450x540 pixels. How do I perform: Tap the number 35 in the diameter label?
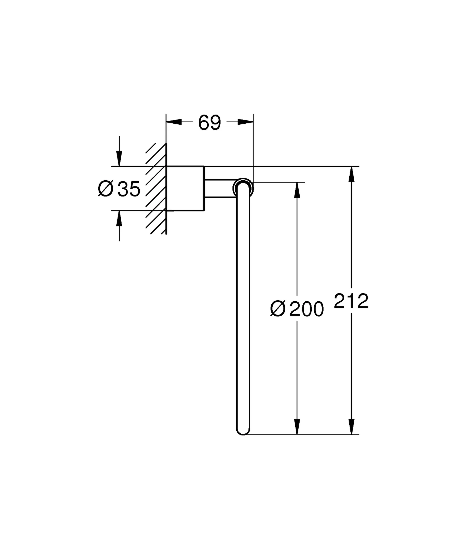pyautogui.click(x=129, y=189)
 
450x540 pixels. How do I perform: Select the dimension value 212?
pyautogui.click(x=351, y=301)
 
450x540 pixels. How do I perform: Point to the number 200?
pyautogui.click(x=306, y=309)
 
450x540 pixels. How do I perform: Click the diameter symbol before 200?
pyautogui.click(x=278, y=309)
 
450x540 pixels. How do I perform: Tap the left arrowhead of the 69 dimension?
pyautogui.click(x=174, y=122)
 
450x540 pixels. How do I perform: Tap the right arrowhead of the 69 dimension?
pyautogui.click(x=245, y=122)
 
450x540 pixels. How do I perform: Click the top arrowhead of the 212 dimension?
pyautogui.click(x=351, y=174)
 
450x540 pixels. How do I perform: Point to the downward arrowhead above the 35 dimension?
pyautogui.click(x=119, y=158)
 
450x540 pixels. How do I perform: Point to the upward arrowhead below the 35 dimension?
pyautogui.click(x=119, y=219)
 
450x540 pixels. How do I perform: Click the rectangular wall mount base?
pyautogui.click(x=185, y=188)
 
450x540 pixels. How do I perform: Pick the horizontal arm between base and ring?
pyautogui.click(x=219, y=188)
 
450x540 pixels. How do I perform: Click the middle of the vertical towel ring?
pyautogui.click(x=243, y=308)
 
